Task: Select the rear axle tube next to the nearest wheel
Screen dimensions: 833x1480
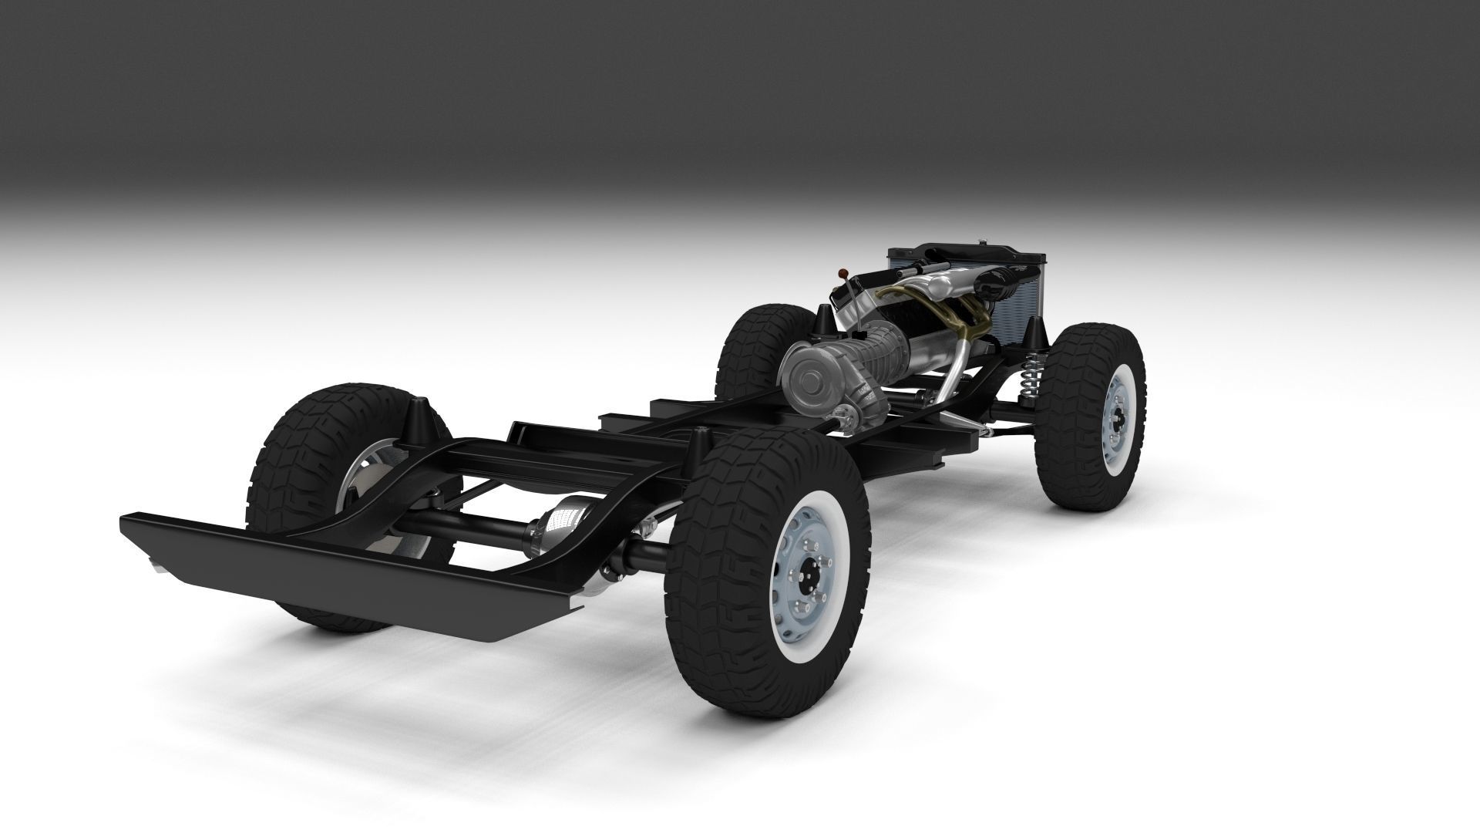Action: point(644,551)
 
